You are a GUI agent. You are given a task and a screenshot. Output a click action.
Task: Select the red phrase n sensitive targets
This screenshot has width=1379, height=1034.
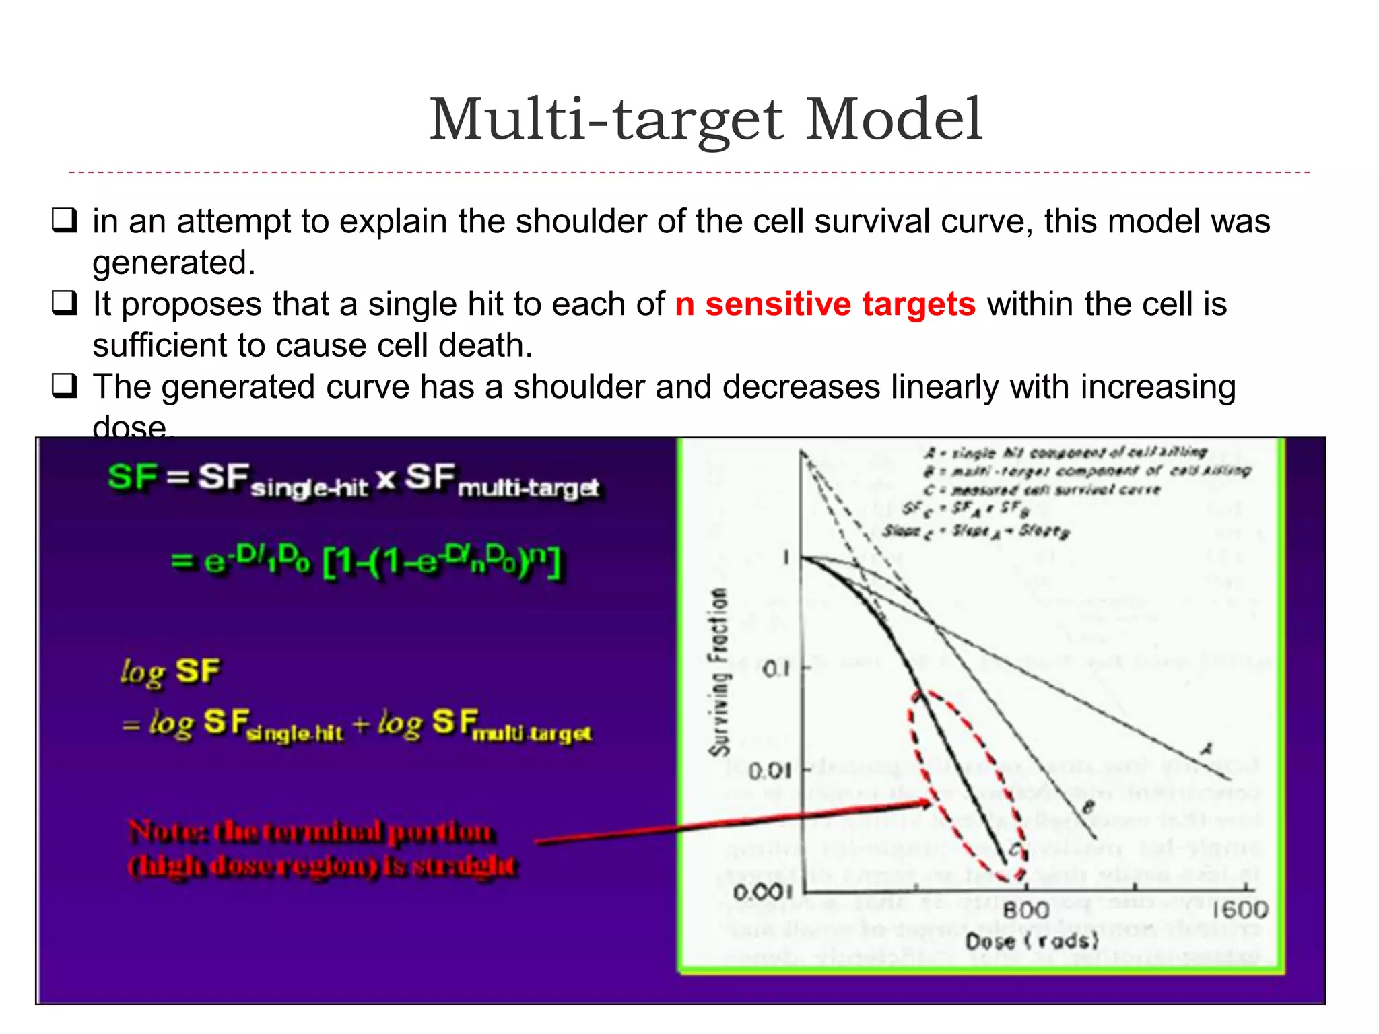pyautogui.click(x=825, y=304)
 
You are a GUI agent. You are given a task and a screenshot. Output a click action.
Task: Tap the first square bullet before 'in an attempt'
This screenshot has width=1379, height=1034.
pyautogui.click(x=65, y=221)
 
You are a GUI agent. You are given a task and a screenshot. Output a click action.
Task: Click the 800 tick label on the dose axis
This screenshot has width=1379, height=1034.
pyautogui.click(x=1026, y=910)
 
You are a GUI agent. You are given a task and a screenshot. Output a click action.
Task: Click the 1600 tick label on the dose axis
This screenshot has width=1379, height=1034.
pyautogui.click(x=1240, y=910)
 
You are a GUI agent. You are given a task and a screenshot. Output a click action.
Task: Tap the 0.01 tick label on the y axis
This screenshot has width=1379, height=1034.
pyautogui.click(x=769, y=769)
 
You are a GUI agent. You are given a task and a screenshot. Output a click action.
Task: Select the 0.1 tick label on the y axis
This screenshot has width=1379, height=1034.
pyautogui.click(x=776, y=670)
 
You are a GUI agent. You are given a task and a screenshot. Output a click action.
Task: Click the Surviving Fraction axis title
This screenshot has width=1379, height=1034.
pyautogui.click(x=720, y=671)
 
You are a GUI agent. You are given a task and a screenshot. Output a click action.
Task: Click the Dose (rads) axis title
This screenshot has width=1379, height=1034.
pyautogui.click(x=1032, y=941)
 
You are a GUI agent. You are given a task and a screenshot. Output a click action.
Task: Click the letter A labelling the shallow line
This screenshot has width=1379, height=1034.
pyautogui.click(x=1207, y=749)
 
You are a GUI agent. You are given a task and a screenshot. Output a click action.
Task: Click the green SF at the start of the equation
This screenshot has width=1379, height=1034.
pyautogui.click(x=132, y=477)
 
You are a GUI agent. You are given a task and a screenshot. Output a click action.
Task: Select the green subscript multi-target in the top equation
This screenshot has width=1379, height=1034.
pyautogui.click(x=529, y=489)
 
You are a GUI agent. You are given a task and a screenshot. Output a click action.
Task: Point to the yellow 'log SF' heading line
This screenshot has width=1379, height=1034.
pyautogui.click(x=171, y=671)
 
